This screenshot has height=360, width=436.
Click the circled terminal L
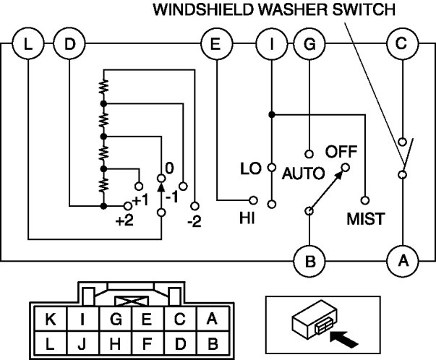click(27, 45)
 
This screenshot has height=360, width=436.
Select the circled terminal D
click(69, 45)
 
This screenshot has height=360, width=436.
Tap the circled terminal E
click(215, 45)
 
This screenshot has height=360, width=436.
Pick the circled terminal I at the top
click(271, 45)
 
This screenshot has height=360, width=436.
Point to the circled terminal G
click(309, 45)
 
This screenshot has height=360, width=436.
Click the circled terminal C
click(401, 45)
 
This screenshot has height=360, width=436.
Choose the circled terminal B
click(310, 261)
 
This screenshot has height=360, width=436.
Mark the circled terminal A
click(401, 261)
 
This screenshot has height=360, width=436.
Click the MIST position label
click(366, 218)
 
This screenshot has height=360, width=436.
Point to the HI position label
click(247, 216)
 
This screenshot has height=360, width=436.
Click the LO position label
click(251, 170)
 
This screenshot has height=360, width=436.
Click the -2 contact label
click(194, 220)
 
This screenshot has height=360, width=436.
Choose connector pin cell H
click(115, 344)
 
